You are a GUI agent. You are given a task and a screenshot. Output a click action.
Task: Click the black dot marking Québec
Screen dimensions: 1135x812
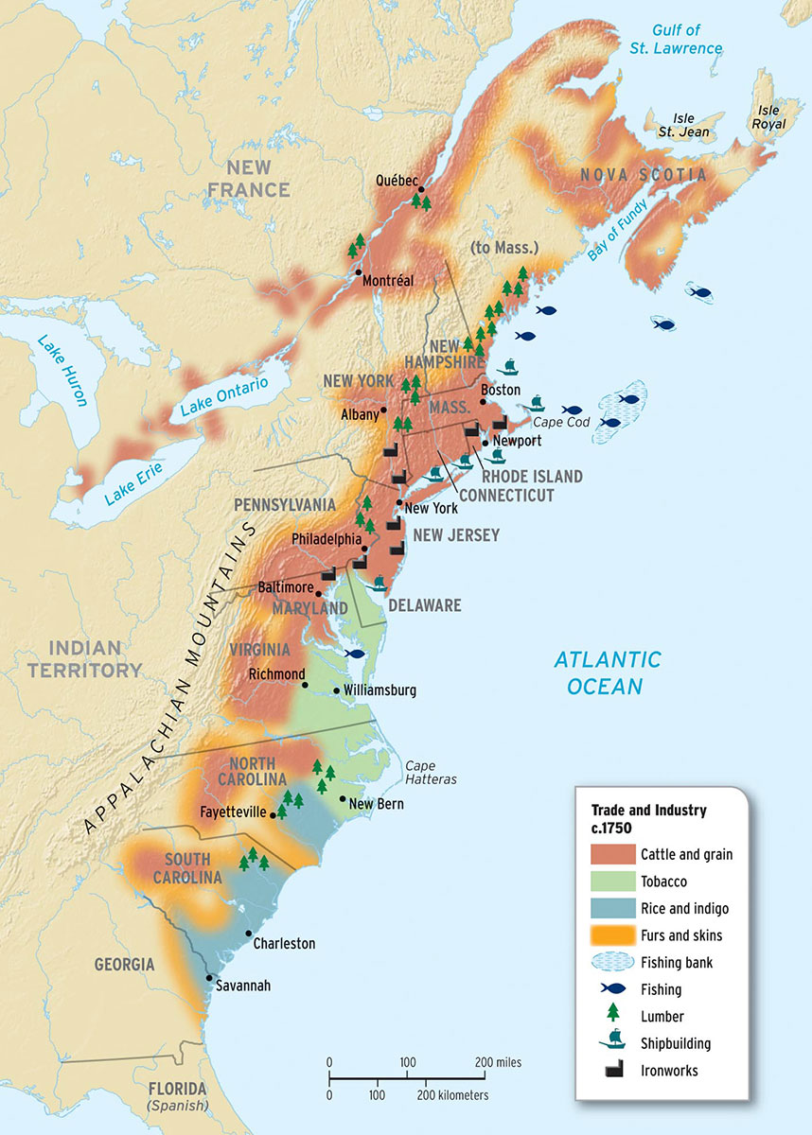(420, 188)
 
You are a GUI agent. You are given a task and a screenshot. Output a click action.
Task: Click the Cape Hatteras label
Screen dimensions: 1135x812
(431, 773)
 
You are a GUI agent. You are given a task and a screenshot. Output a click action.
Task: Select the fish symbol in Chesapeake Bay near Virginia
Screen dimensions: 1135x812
(356, 653)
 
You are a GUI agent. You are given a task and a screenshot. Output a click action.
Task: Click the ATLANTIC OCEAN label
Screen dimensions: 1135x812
(607, 672)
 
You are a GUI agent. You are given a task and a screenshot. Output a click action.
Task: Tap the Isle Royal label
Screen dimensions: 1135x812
(768, 116)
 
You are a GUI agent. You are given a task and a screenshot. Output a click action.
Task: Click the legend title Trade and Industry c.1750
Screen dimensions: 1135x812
(648, 818)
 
